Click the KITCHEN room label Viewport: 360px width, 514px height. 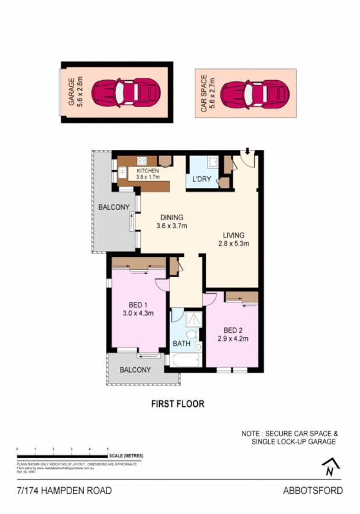(148, 171)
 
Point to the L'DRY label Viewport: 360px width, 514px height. (202, 180)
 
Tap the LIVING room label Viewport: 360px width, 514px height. (234, 235)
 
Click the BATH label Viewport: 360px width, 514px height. (181, 344)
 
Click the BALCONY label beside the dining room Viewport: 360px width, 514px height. (114, 207)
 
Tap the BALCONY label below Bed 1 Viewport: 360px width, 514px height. (135, 370)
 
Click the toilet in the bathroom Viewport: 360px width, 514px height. (192, 335)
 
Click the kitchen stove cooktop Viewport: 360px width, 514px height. (143, 162)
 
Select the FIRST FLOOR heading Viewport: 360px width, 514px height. (178, 404)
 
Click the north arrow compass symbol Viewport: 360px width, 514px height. (331, 467)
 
